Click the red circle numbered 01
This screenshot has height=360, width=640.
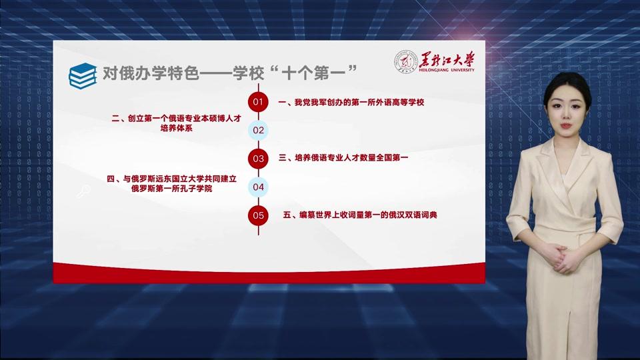coord(258,101)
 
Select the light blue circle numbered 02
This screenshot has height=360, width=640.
coord(258,130)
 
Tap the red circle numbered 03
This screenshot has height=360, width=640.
coord(258,159)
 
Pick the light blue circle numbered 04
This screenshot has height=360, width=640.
coord(258,187)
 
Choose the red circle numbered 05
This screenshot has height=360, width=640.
coord(258,215)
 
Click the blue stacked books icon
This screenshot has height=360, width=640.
coord(83,75)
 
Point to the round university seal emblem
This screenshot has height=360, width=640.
coord(406,62)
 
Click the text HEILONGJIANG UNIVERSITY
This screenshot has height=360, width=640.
coord(447,70)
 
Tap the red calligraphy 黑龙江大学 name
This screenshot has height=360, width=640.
coord(447,59)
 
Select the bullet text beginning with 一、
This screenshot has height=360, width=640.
coord(351,102)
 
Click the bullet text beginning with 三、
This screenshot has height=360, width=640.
coord(343,157)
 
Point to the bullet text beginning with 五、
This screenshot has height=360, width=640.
coord(360,215)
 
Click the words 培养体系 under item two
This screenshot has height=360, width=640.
coord(176,128)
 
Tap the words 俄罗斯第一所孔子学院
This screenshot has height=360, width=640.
coord(172,189)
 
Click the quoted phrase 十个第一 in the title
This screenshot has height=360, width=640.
coord(314,73)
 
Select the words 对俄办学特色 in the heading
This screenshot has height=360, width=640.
coord(151,73)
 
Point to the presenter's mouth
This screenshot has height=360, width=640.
coord(566,126)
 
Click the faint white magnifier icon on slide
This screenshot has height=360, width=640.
coord(83,191)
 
